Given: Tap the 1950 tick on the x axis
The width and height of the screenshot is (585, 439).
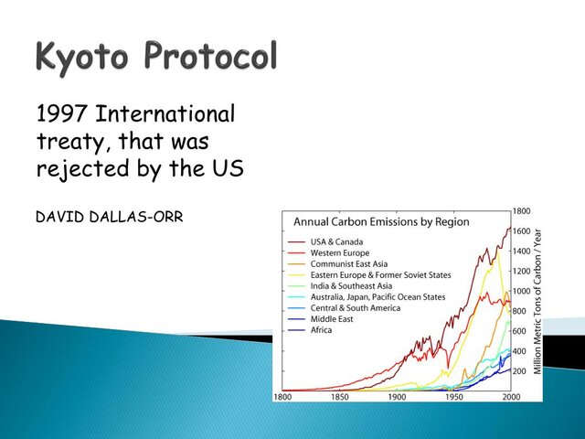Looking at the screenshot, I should coord(454,398).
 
